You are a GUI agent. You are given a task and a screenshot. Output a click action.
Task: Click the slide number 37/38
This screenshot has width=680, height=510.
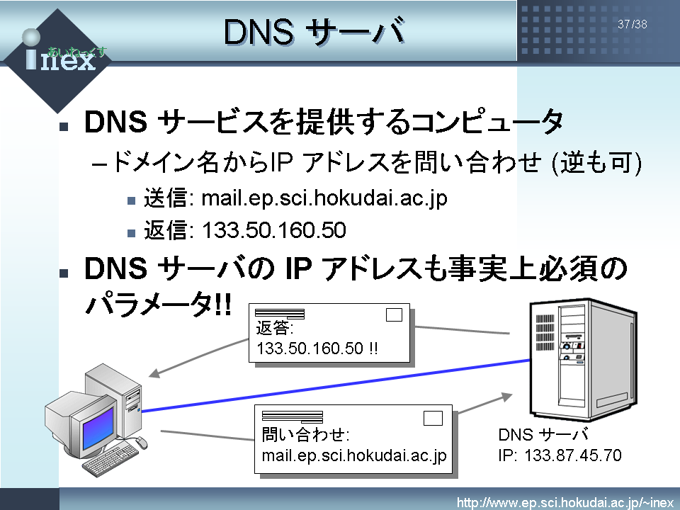point(633,24)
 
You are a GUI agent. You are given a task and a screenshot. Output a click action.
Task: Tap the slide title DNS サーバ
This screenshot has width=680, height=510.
point(314,32)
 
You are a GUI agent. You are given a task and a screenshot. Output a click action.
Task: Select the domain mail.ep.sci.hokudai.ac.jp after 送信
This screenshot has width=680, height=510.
point(324,198)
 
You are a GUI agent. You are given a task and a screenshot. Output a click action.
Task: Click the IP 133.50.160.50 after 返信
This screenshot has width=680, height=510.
point(274,229)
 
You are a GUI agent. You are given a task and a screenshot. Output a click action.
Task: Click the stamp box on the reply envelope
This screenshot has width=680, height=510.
point(394,314)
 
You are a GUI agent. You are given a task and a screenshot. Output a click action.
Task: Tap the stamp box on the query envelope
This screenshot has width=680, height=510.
point(433,418)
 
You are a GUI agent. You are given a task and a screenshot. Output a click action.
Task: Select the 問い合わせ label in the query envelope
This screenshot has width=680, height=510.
point(306,434)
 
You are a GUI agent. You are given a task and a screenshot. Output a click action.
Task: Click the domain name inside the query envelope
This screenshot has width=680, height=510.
point(354,455)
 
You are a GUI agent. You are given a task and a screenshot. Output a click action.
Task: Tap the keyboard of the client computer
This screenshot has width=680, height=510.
point(110,459)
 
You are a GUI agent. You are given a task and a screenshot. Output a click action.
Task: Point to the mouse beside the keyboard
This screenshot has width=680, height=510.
point(142,442)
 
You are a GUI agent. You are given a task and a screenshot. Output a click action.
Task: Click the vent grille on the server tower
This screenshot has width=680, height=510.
point(545,332)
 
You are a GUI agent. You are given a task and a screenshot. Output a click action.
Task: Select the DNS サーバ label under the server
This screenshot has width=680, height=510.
point(543,434)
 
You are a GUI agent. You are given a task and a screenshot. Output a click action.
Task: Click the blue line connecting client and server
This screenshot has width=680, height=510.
point(336,385)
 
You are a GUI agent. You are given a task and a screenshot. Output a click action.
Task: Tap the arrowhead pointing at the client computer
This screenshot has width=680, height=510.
point(154,373)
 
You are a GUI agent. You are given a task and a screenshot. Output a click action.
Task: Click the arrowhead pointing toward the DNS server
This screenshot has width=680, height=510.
point(506,397)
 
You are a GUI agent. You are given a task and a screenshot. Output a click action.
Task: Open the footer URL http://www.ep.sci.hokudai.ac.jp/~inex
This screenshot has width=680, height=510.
point(565,503)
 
